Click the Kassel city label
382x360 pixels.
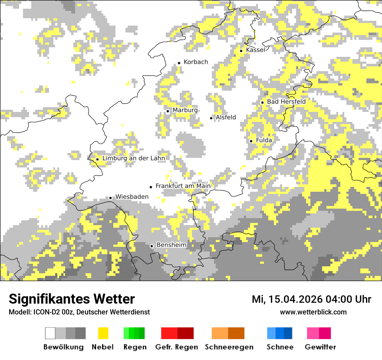tap(255, 50)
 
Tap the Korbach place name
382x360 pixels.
tap(196, 62)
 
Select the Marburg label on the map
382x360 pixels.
tap(185, 110)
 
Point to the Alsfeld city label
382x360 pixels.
tap(226, 117)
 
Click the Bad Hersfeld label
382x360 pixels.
tap(286, 101)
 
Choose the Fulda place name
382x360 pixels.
tap(264, 140)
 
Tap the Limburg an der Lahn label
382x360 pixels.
tap(134, 158)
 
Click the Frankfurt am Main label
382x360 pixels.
tap(183, 186)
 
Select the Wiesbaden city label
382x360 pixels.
tap(132, 196)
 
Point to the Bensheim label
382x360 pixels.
tap(171, 245)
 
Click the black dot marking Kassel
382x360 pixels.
tap(241, 51)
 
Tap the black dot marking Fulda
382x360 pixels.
tap(251, 141)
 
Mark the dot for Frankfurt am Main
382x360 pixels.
tap(151, 187)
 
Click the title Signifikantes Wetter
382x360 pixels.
tap(72, 299)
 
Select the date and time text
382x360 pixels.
tap(311, 299)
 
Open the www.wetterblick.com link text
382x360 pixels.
tap(313, 312)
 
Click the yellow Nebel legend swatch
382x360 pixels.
tap(103, 333)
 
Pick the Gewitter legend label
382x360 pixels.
tap(320, 347)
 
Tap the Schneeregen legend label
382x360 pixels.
tap(229, 347)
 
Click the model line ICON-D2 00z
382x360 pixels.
tap(79, 312)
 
